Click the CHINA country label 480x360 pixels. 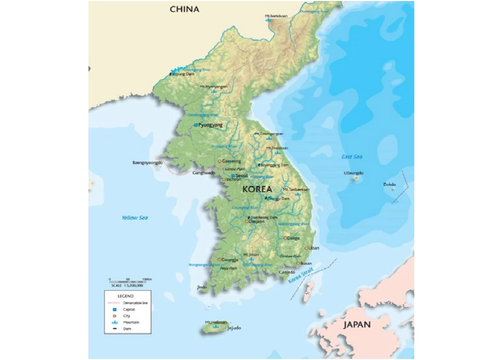pos(184,9)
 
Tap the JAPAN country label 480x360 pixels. pos(357,325)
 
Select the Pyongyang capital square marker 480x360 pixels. pos(196,125)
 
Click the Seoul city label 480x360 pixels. pos(242,175)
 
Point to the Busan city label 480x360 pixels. pos(306,264)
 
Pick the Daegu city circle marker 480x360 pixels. pos(285,238)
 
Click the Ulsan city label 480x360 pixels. pos(314,248)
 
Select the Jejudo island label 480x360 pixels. pos(232,328)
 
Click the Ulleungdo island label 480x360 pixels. pos(353,173)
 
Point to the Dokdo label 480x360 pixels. pos(390,184)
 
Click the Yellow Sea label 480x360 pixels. pos(134,218)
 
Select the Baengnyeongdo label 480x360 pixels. pos(148,163)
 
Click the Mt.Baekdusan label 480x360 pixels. pos(275,16)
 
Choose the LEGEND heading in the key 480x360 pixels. pos(125,295)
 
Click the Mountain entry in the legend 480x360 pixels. pos(131,322)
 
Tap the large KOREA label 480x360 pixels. pos(257,189)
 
